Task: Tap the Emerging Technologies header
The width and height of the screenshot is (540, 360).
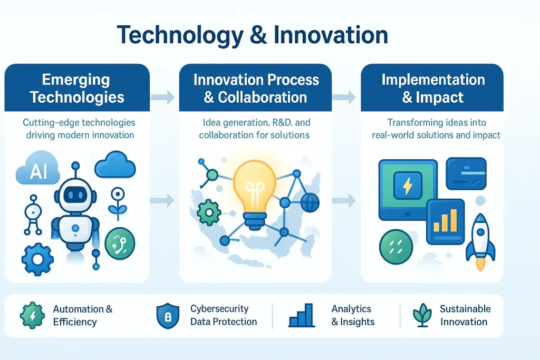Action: click(77, 88)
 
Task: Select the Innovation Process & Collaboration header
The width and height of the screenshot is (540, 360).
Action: click(256, 88)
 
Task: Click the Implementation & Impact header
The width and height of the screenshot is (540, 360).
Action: click(432, 88)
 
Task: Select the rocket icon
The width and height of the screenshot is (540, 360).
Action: click(480, 240)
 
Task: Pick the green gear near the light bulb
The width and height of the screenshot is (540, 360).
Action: click(209, 212)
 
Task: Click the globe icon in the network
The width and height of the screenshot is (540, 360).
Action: click(310, 201)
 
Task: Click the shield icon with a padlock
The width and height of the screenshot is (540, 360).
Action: click(168, 315)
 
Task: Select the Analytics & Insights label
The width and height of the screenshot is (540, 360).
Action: click(353, 315)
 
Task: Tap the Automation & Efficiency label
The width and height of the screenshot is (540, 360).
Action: click(83, 315)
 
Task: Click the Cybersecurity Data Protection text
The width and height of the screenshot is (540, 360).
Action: click(224, 315)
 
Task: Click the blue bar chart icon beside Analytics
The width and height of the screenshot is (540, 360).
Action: click(302, 315)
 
